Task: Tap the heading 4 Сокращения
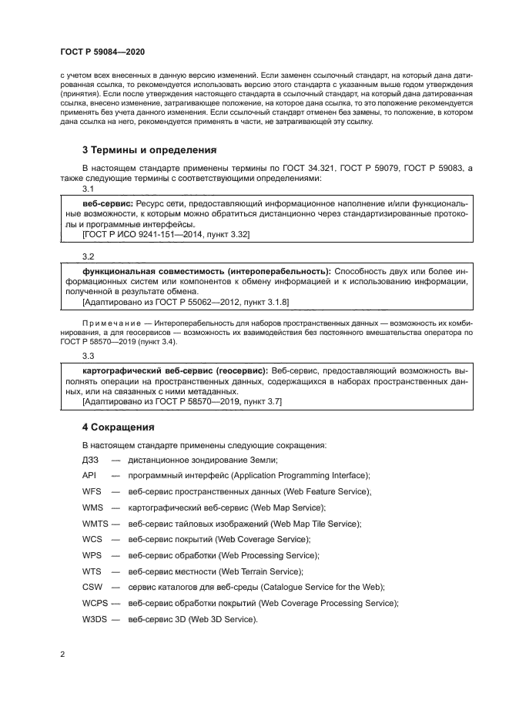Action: [x=119, y=426]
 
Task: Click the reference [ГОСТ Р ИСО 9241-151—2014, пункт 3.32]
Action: [x=166, y=233]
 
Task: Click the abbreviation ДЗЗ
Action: [x=90, y=459]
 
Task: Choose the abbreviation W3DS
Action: [x=95, y=619]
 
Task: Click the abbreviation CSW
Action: [x=92, y=587]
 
